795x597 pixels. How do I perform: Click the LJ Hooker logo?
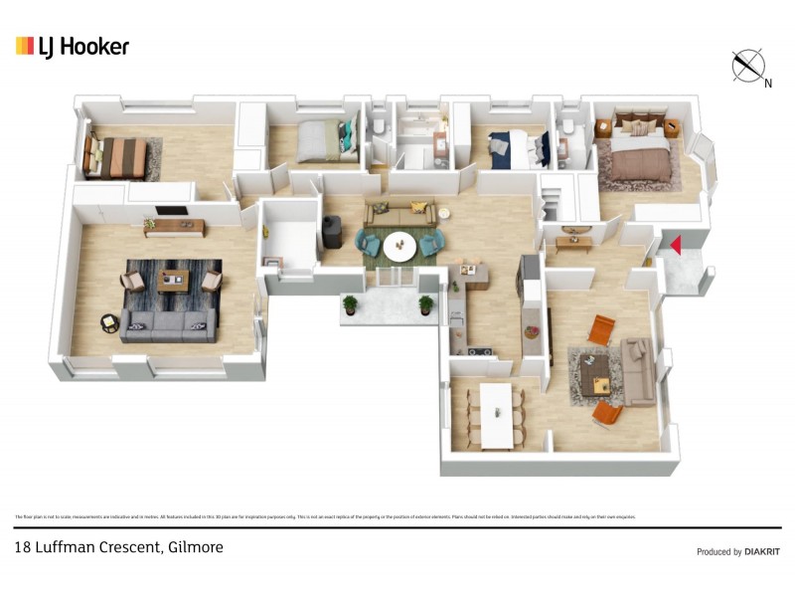click(x=73, y=46)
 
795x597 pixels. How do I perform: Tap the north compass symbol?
click(x=747, y=66)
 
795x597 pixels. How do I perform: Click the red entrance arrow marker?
click(x=674, y=245)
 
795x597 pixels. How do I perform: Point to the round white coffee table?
click(x=400, y=245)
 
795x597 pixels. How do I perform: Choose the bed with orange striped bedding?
click(x=117, y=156)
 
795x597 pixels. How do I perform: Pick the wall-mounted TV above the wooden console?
click(x=170, y=211)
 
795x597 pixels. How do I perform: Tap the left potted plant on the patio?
click(x=350, y=304)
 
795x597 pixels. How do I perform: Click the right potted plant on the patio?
click(x=426, y=304)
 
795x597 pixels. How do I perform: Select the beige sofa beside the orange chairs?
click(x=637, y=369)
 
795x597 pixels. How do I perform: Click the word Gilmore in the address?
click(x=196, y=547)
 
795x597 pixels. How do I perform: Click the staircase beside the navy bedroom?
click(x=555, y=199)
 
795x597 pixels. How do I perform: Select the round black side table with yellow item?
click(x=109, y=323)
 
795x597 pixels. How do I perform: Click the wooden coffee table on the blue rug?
click(x=174, y=279)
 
